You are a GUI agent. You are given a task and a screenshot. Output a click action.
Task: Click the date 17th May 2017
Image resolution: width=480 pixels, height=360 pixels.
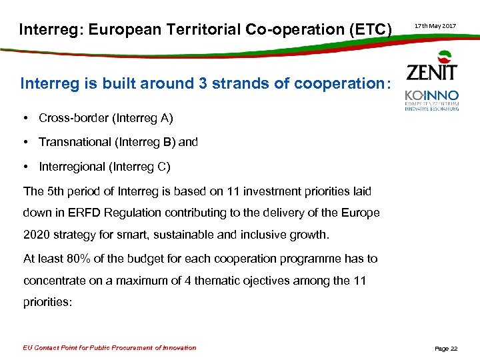435,26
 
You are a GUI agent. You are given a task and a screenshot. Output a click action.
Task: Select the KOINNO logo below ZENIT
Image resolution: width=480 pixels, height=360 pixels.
431,99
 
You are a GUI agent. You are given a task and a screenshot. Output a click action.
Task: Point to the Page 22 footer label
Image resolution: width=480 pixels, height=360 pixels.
446,349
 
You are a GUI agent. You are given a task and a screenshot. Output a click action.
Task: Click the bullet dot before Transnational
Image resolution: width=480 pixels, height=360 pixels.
25,142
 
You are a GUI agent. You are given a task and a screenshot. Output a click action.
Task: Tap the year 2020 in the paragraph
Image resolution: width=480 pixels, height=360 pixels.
37,235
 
